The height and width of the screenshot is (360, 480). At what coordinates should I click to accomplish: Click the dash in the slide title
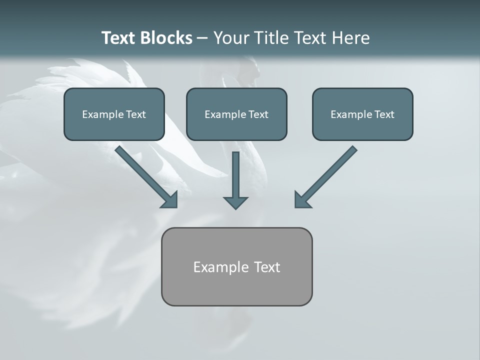tap(202, 38)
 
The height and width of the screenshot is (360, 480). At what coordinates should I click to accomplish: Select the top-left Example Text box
tap(114, 114)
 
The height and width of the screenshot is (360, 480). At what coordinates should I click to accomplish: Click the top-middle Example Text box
tap(236, 114)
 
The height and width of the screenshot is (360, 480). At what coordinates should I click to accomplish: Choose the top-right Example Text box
tap(362, 114)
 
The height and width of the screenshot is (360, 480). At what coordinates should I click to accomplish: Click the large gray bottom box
tap(236, 266)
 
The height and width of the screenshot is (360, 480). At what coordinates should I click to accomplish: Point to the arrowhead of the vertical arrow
tap(235, 202)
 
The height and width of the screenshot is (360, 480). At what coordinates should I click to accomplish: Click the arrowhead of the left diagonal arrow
tap(170, 200)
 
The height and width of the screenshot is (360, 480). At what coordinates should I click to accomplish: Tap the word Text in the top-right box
tap(384, 114)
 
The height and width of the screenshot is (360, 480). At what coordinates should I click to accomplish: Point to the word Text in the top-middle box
tap(258, 114)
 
